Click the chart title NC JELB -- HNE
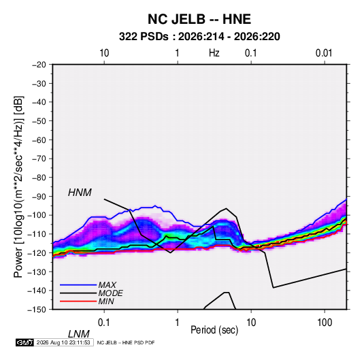pyautogui.click(x=199, y=19)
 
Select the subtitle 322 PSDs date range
pyautogui.click(x=199, y=37)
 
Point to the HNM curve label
pyautogui.click(x=80, y=193)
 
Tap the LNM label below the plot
pyautogui.click(x=78, y=334)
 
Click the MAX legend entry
pyautogui.click(x=107, y=284)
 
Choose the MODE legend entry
pyautogui.click(x=110, y=293)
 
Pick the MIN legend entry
pyautogui.click(x=106, y=301)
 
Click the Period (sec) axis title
pyautogui.click(x=214, y=330)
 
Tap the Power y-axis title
pyautogui.click(x=18, y=186)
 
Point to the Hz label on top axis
pyautogui.click(x=214, y=53)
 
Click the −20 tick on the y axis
pyautogui.click(x=39, y=65)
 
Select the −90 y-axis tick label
pyautogui.click(x=39, y=197)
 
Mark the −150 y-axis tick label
pyautogui.click(x=37, y=310)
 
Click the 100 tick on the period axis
pyautogui.click(x=325, y=323)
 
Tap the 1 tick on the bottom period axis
pyautogui.click(x=178, y=323)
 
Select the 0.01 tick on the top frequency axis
pyautogui.click(x=324, y=53)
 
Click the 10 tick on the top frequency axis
pyautogui.click(x=104, y=53)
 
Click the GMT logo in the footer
pyautogui.click(x=25, y=342)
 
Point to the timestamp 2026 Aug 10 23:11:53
pyautogui.click(x=63, y=342)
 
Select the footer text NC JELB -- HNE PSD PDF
pyautogui.click(x=126, y=342)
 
